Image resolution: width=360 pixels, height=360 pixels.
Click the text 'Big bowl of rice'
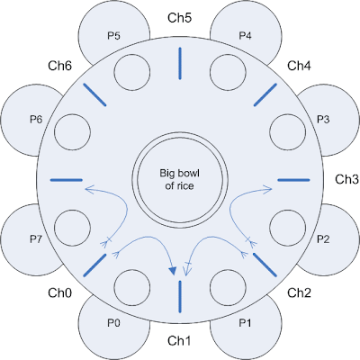179,179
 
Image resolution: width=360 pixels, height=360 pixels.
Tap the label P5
113,36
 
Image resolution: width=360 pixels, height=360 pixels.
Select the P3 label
323,120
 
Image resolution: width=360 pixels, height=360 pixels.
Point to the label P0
113,323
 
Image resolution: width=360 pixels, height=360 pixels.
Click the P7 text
36,239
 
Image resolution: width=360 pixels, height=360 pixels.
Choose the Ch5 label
179,18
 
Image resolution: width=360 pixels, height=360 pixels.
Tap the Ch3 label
346,179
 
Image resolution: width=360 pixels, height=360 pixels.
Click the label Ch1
179,341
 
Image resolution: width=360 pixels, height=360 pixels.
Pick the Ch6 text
60,66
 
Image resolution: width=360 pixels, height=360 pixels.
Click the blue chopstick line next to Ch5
180,63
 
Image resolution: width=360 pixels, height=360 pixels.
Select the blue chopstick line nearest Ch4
265,94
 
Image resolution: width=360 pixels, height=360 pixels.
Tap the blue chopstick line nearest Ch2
265,265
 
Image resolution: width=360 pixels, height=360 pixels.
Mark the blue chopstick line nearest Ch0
94,265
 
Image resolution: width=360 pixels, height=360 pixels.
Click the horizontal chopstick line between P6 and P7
67,180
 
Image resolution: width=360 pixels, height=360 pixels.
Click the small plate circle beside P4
229,72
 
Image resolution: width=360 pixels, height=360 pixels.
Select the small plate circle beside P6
72,132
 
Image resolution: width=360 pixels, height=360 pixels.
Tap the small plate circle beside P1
229,288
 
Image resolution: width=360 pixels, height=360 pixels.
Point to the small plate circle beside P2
288,228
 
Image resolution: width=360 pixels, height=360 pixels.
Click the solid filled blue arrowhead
173,271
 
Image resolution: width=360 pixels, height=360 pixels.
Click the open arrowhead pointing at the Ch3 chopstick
268,189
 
